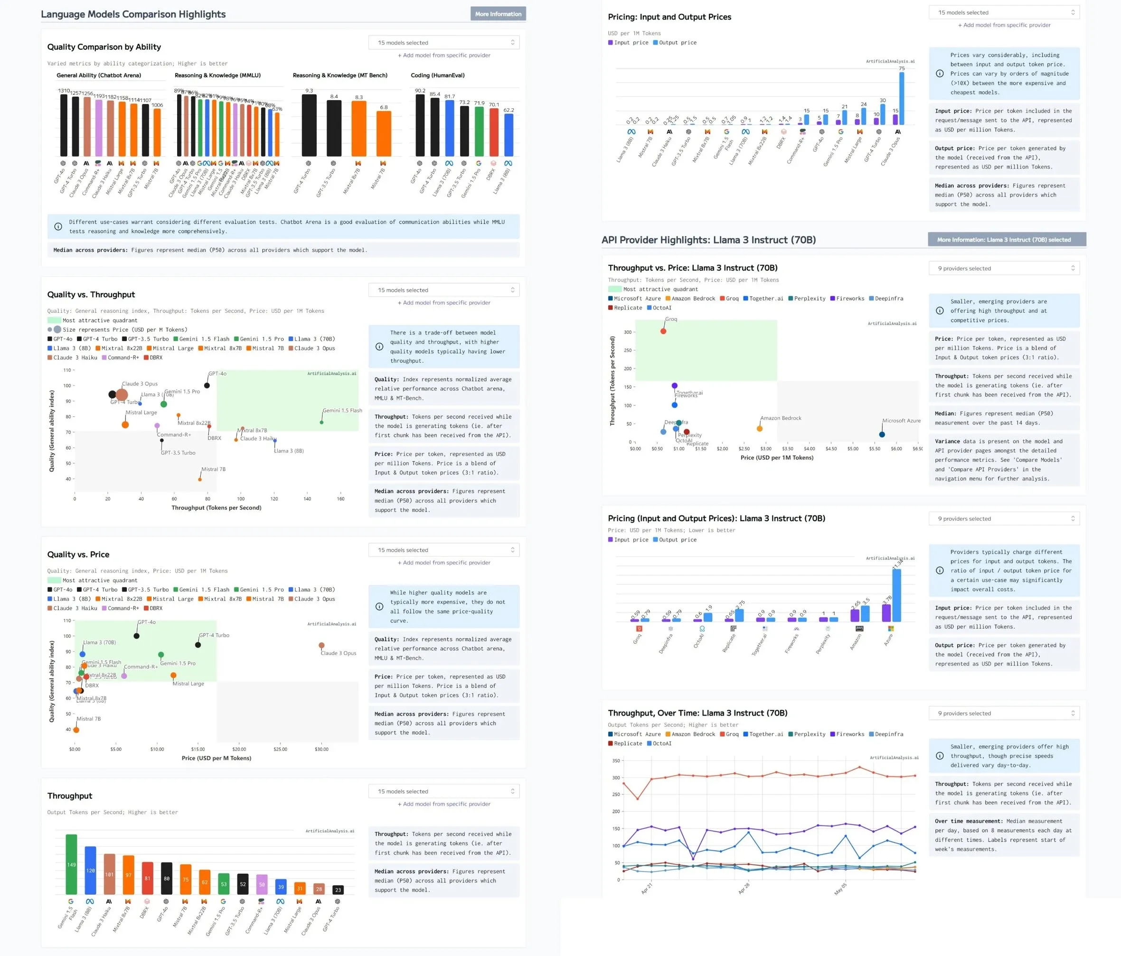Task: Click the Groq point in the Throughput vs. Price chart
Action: [x=663, y=331]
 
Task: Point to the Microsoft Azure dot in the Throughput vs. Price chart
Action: [x=882, y=434]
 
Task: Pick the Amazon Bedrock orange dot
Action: [x=760, y=429]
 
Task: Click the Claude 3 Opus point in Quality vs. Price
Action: [x=321, y=646]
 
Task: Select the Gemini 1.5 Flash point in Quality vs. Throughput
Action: [x=322, y=422]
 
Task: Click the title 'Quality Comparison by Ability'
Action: [x=104, y=47]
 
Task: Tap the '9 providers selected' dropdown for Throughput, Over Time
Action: [x=1004, y=713]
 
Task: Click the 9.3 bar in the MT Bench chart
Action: [x=309, y=125]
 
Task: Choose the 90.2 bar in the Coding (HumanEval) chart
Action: [x=420, y=125]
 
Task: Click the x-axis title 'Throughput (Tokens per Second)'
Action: [x=216, y=507]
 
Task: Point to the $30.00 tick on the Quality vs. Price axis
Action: [x=321, y=750]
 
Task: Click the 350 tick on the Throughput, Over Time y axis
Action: [x=616, y=761]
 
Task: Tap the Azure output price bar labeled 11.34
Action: [x=896, y=595]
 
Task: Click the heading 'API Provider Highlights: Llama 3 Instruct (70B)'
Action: [x=708, y=240]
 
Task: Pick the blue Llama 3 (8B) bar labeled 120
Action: [x=90, y=870]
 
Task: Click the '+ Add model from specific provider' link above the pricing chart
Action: [x=1004, y=25]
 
